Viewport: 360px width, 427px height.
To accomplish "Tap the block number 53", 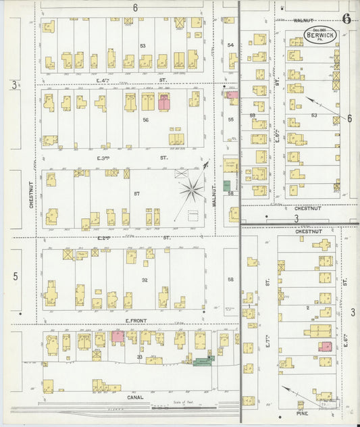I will (x=143, y=46).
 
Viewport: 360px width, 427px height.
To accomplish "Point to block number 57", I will (x=136, y=194).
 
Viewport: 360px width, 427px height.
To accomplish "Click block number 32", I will (x=144, y=279).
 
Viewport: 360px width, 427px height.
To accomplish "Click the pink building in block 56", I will (x=164, y=102).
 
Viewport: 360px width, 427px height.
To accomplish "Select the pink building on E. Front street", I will (x=117, y=336).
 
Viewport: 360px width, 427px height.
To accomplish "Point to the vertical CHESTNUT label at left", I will (x=31, y=193).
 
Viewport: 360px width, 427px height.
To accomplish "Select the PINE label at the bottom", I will (x=301, y=410).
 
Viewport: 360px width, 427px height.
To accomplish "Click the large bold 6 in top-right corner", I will (x=346, y=18).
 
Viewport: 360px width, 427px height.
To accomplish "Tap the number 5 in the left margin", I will (x=14, y=276).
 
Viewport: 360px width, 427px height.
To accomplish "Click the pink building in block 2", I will (x=326, y=347).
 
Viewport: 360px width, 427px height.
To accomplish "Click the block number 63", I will (x=314, y=115).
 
